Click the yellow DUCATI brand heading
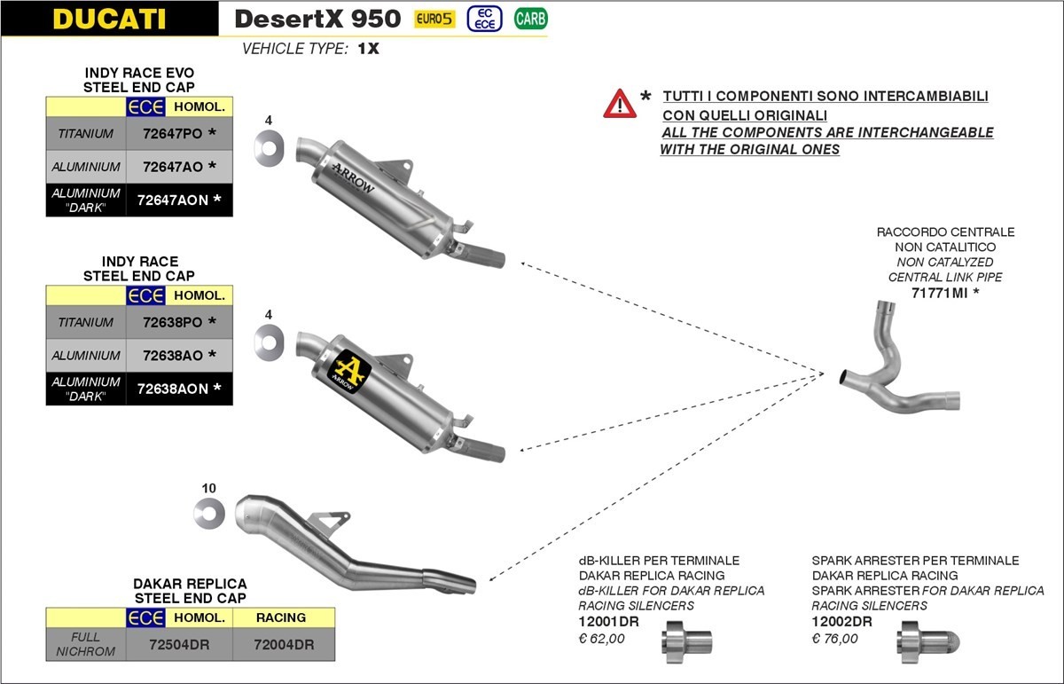point(109,19)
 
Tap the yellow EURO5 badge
point(434,19)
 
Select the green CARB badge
point(530,18)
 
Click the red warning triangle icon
point(620,105)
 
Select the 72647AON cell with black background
point(172,200)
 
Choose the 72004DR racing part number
point(284,645)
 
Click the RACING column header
point(281,617)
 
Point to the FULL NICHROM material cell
point(86,644)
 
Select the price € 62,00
point(601,638)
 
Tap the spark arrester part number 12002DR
point(841,622)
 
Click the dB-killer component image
point(687,641)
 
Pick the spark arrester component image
point(922,641)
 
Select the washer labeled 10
point(209,513)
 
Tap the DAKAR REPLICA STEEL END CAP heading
point(190,591)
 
